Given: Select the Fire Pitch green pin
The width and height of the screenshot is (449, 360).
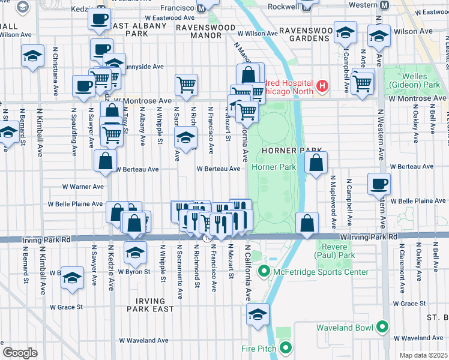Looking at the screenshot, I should (286, 348).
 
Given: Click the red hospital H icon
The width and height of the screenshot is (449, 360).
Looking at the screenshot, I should (323, 86).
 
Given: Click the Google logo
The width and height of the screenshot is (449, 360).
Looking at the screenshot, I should (20, 353).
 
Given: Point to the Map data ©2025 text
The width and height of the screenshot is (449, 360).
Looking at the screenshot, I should (423, 355).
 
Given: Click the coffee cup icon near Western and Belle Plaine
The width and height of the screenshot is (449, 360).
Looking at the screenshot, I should (378, 184).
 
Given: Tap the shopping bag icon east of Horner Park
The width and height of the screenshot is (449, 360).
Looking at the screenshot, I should (316, 162).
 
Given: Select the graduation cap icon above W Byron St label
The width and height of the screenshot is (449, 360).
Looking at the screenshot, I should (136, 251).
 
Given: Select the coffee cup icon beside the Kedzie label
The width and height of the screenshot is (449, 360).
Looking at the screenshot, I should (99, 18).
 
